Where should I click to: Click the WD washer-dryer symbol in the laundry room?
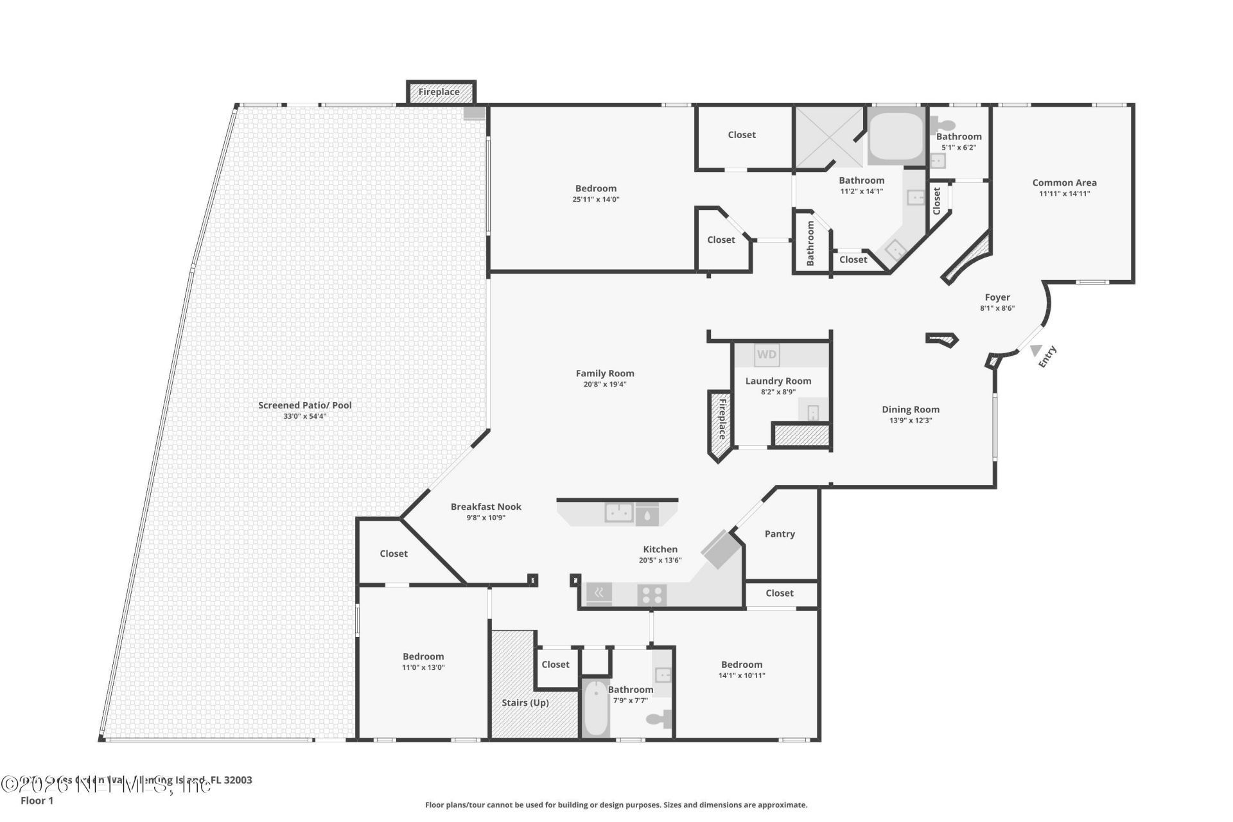coord(766,354)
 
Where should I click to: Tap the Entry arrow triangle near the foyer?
coord(1035,351)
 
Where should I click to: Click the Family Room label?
coord(604,373)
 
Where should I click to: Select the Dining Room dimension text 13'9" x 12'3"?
coord(910,421)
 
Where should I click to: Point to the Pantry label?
coord(780,534)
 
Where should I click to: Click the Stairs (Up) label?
coord(525,703)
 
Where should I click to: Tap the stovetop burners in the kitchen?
coord(652,595)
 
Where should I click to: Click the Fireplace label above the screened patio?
coord(439,92)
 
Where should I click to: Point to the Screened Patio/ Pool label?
coord(305,405)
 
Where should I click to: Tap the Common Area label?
coord(1064,182)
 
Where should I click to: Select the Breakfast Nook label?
coord(485,507)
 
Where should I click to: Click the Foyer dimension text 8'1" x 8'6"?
coord(997,308)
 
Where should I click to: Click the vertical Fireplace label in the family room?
coord(721,419)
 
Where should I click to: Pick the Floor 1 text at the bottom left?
coord(37,800)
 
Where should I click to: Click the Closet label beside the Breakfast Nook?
coord(393,554)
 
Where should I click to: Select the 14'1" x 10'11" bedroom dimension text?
coord(741,676)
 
